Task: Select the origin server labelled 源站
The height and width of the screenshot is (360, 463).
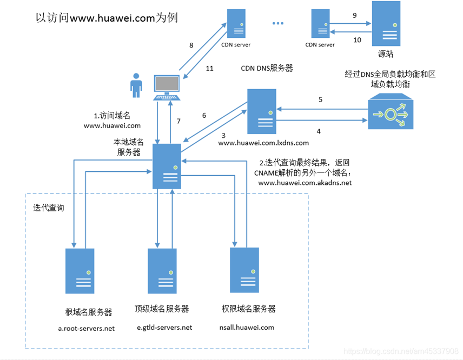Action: pyautogui.click(x=386, y=23)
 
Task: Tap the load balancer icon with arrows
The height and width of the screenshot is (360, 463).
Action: pyautogui.click(x=391, y=114)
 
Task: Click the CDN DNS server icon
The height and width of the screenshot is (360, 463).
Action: pyautogui.click(x=262, y=111)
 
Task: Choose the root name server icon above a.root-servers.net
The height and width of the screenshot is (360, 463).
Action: pyautogui.click(x=80, y=271)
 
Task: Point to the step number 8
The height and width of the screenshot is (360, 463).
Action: pyautogui.click(x=191, y=45)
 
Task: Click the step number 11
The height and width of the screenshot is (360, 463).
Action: pyautogui.click(x=210, y=69)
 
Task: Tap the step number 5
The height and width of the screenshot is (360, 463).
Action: pyautogui.click(x=320, y=99)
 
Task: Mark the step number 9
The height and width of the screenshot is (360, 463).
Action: pyautogui.click(x=355, y=16)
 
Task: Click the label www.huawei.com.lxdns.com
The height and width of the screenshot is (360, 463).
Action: pyautogui.click(x=263, y=143)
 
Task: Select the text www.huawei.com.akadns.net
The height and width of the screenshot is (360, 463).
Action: pyautogui.click(x=305, y=183)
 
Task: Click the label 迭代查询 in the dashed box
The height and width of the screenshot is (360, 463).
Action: pyautogui.click(x=49, y=208)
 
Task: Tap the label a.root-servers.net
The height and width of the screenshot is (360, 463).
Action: pyautogui.click(x=87, y=328)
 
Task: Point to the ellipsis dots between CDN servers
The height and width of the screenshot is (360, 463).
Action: pyautogui.click(x=278, y=24)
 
